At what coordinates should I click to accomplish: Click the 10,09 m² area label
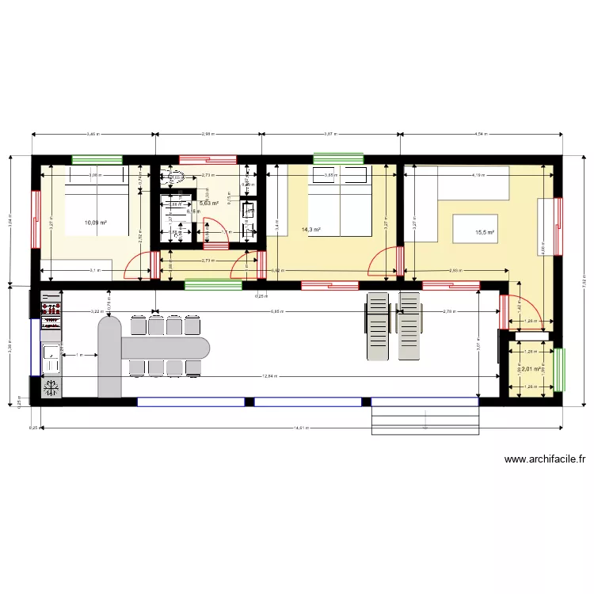coord(95,223)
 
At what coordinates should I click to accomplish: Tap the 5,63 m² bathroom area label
coord(208,204)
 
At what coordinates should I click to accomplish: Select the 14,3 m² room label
coord(311,230)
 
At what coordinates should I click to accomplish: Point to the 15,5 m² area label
coord(484,233)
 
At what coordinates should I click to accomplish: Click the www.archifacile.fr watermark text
coord(544,459)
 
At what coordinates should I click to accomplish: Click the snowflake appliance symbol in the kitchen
coord(52,387)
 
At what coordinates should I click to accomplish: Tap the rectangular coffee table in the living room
coord(474,229)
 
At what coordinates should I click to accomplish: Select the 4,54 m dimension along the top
coord(480,135)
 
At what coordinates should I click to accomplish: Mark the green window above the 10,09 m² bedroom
coord(97,159)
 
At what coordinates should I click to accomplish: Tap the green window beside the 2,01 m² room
coord(561,369)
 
